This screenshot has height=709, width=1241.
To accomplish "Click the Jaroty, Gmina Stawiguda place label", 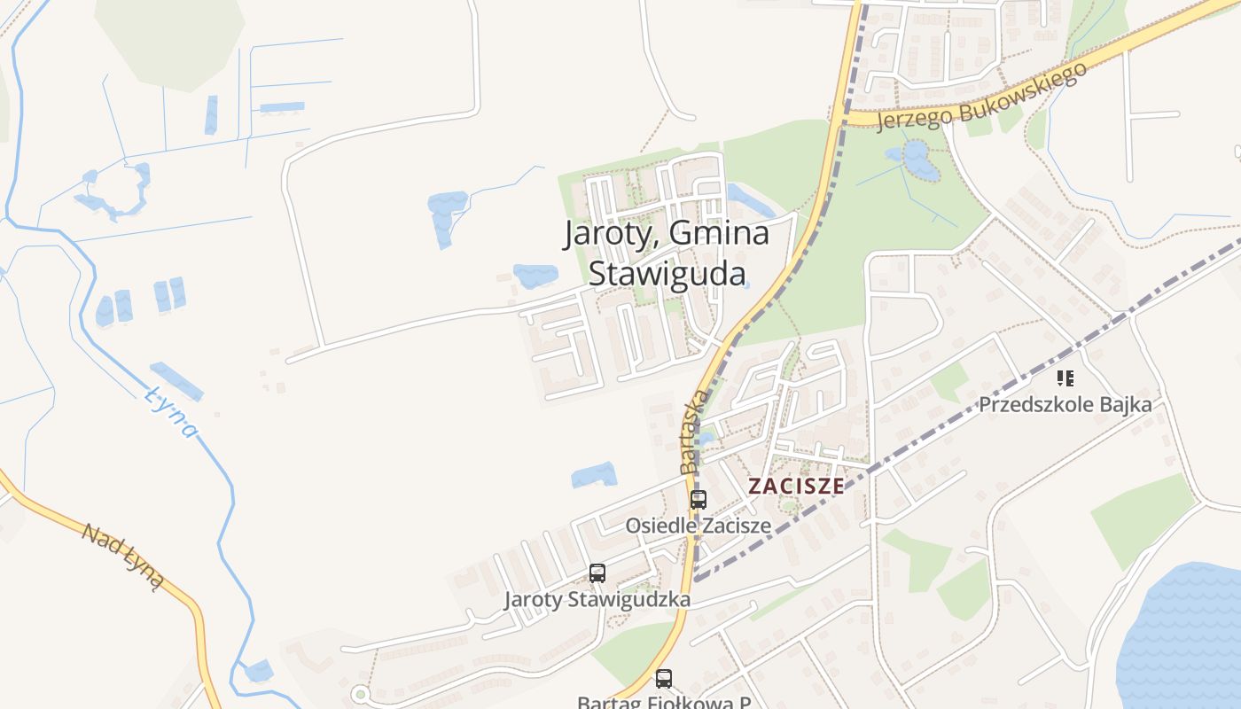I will pyautogui.click(x=667, y=253).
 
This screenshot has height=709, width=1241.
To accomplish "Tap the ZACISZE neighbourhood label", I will pyautogui.click(x=795, y=486).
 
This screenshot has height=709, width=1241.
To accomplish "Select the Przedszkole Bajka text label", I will pyautogui.click(x=1065, y=405).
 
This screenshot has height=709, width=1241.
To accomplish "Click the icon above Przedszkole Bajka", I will pyautogui.click(x=1065, y=379).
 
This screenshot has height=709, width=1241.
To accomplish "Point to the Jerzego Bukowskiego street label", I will pyautogui.click(x=981, y=97).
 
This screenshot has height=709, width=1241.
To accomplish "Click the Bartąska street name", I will pyautogui.click(x=694, y=431).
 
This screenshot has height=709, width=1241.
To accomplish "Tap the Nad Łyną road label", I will pyautogui.click(x=123, y=556).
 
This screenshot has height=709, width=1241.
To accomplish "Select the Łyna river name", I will pyautogui.click(x=170, y=410).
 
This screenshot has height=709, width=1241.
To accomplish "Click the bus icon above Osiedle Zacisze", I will pyautogui.click(x=699, y=499).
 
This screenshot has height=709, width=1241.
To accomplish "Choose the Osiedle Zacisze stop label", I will pyautogui.click(x=699, y=526).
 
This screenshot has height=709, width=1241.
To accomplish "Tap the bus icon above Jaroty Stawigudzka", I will pyautogui.click(x=597, y=573).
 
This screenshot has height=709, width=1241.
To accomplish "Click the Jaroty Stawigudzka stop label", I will pyautogui.click(x=597, y=599).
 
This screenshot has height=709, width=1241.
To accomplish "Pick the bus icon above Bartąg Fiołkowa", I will pyautogui.click(x=664, y=679).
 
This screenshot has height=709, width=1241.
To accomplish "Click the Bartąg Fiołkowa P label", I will pyautogui.click(x=664, y=702).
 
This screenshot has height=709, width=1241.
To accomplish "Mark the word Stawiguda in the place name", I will pyautogui.click(x=667, y=274).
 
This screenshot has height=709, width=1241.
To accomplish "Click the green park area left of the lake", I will pyautogui.click(x=1143, y=518).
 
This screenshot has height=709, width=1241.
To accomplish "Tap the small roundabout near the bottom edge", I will pyautogui.click(x=360, y=694).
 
